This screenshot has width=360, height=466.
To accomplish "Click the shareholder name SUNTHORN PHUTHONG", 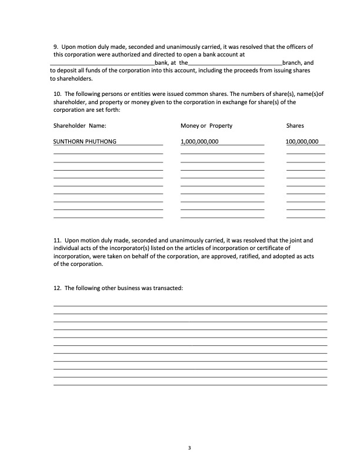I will tap(85, 142).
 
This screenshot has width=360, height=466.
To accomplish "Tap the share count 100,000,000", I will tap(302, 142).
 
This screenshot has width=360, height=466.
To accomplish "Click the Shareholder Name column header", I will tap(79, 126).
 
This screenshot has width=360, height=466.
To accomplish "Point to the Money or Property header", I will tap(206, 126).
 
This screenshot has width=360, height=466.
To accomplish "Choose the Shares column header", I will tap(295, 126).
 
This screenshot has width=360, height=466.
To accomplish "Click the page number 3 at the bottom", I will tap(189, 449).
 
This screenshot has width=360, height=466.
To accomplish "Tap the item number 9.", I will tap(55, 46).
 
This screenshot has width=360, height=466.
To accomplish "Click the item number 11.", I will tap(56, 241).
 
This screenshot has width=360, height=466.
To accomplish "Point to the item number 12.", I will tap(56, 288).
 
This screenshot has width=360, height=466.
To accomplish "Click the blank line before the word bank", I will tap(102, 62).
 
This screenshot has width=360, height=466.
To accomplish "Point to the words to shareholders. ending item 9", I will tap(71, 78).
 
